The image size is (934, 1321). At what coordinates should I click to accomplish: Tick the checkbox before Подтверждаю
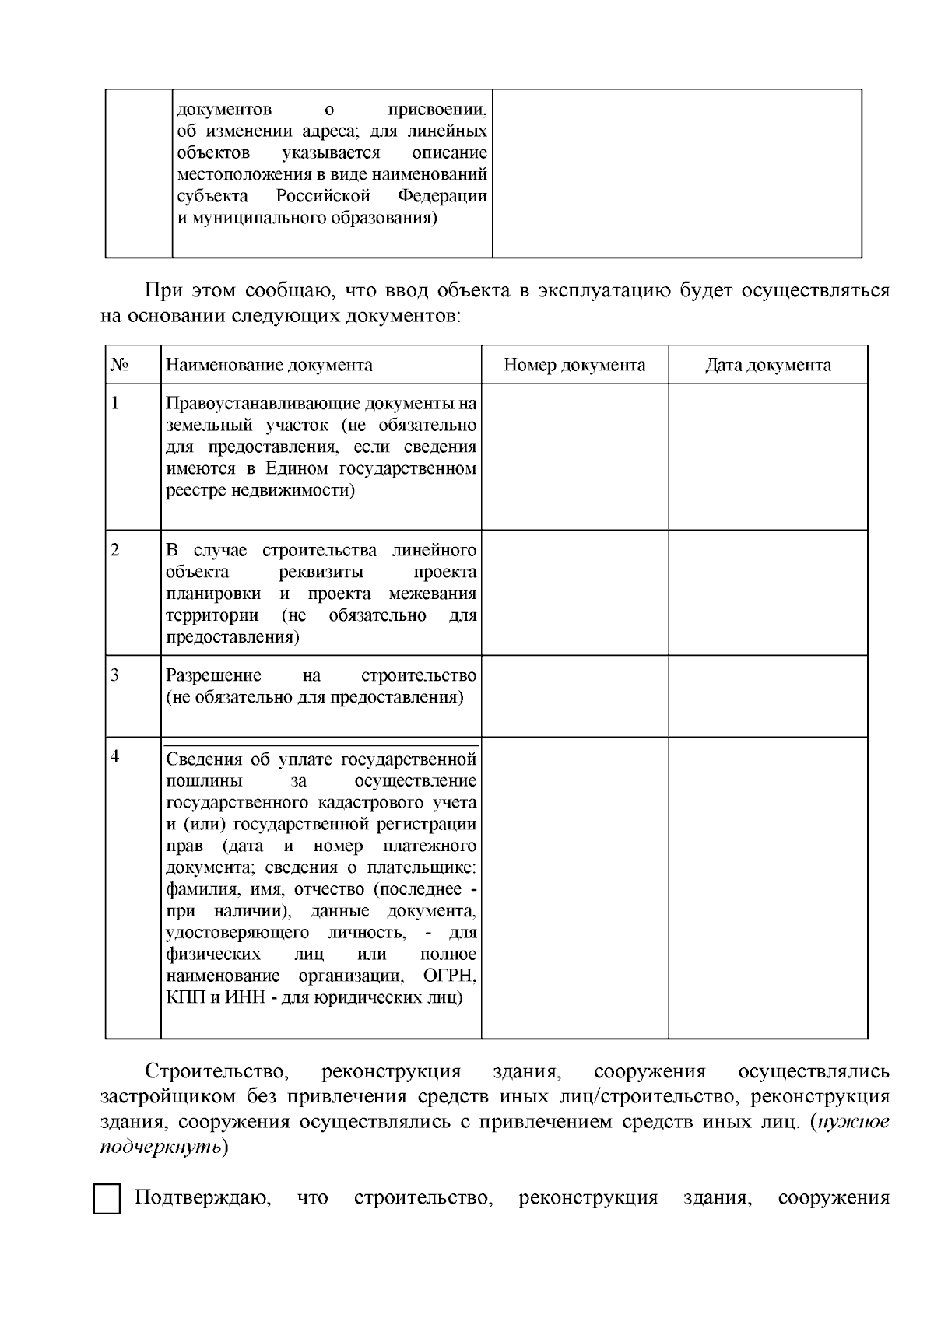(x=107, y=1199)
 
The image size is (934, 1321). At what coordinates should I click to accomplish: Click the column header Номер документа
(x=574, y=365)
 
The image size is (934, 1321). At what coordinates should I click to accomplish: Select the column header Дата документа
(x=767, y=365)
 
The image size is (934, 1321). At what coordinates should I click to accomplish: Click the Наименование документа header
(x=269, y=365)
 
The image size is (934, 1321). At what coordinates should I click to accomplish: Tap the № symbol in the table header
(x=119, y=365)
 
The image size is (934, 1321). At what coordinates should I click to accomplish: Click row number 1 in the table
(x=115, y=403)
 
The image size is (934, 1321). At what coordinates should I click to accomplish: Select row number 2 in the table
(x=115, y=550)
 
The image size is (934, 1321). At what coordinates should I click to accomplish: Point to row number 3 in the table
(x=115, y=675)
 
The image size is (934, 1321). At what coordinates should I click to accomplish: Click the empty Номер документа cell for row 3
(x=574, y=696)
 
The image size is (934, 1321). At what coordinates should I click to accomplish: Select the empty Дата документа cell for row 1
(x=767, y=456)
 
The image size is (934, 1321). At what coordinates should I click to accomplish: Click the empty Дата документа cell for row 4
(x=767, y=887)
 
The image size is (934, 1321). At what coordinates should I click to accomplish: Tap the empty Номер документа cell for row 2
(x=574, y=592)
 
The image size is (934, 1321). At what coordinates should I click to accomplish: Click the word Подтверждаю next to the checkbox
(x=202, y=1197)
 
